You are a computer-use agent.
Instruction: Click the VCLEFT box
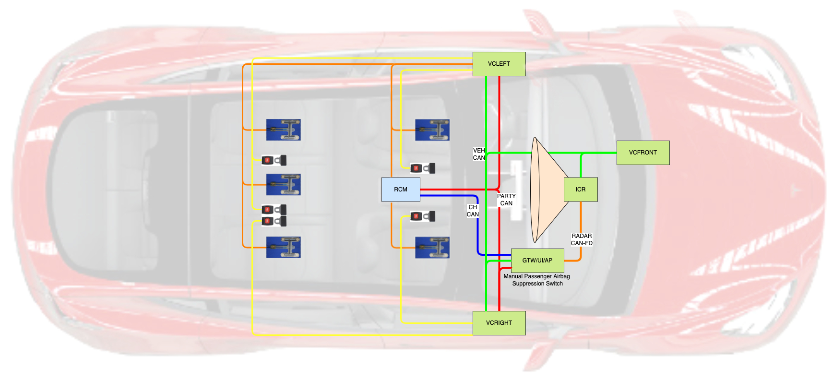pyautogui.click(x=499, y=64)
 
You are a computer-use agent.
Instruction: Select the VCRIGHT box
pyautogui.click(x=499, y=323)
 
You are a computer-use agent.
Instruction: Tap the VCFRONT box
pyautogui.click(x=643, y=153)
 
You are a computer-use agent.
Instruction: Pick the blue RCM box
pyautogui.click(x=401, y=190)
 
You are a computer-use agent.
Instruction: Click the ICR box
pyautogui.click(x=581, y=190)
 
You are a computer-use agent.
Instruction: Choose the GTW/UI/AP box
pyautogui.click(x=537, y=261)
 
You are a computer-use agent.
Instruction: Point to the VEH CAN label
pyautogui.click(x=479, y=154)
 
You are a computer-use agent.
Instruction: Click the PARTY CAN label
pyautogui.click(x=506, y=200)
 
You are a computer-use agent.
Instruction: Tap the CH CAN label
pyautogui.click(x=473, y=211)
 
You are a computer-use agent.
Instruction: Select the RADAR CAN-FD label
pyautogui.click(x=582, y=239)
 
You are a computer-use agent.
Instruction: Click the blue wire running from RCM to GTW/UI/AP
pyautogui.click(x=478, y=226)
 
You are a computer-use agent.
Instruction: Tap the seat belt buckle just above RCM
pyautogui.click(x=423, y=168)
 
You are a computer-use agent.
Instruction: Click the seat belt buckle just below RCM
pyautogui.click(x=423, y=216)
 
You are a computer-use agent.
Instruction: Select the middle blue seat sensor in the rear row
pyautogui.click(x=284, y=185)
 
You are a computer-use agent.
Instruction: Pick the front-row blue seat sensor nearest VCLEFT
pyautogui.click(x=432, y=130)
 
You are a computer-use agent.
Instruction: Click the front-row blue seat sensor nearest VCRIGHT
pyautogui.click(x=432, y=248)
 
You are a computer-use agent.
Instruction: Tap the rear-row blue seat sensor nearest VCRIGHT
pyautogui.click(x=284, y=248)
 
